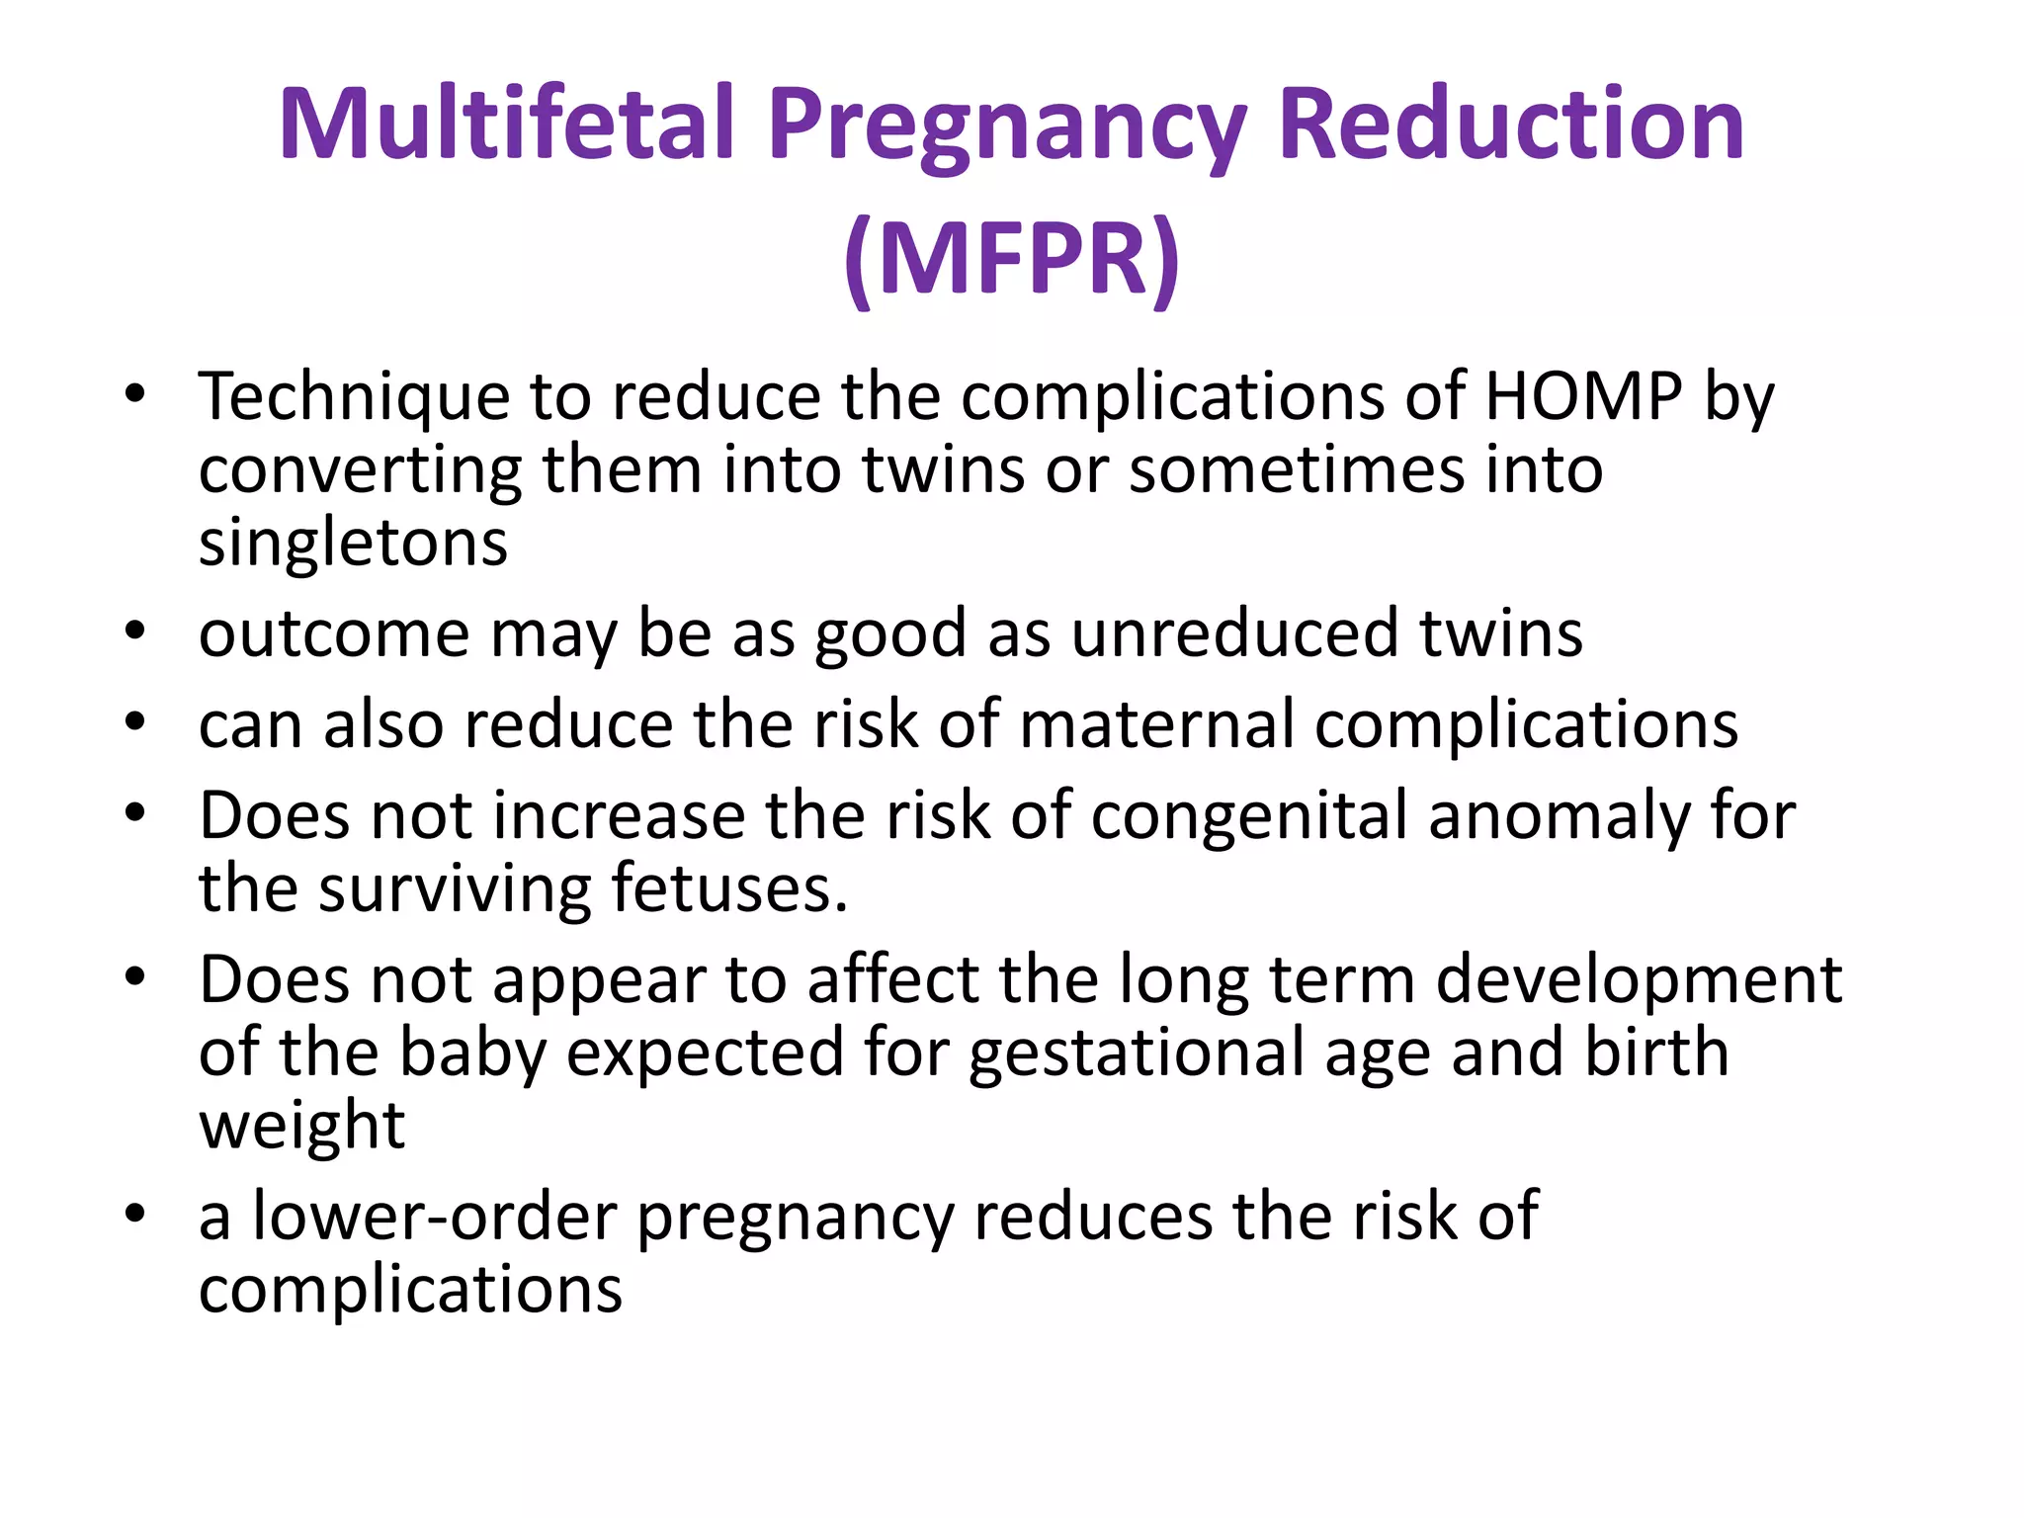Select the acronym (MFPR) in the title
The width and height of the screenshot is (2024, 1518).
(x=1012, y=259)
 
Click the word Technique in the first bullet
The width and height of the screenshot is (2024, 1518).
(x=354, y=397)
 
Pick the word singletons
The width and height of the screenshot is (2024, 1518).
(x=353, y=544)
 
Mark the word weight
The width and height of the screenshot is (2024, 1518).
(x=301, y=1125)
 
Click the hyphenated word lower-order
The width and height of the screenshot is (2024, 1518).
(x=435, y=1216)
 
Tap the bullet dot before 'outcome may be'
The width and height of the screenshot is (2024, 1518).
(x=135, y=630)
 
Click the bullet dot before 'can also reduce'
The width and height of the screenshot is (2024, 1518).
(x=135, y=721)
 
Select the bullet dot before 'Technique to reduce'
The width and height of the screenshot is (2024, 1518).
(x=135, y=394)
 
